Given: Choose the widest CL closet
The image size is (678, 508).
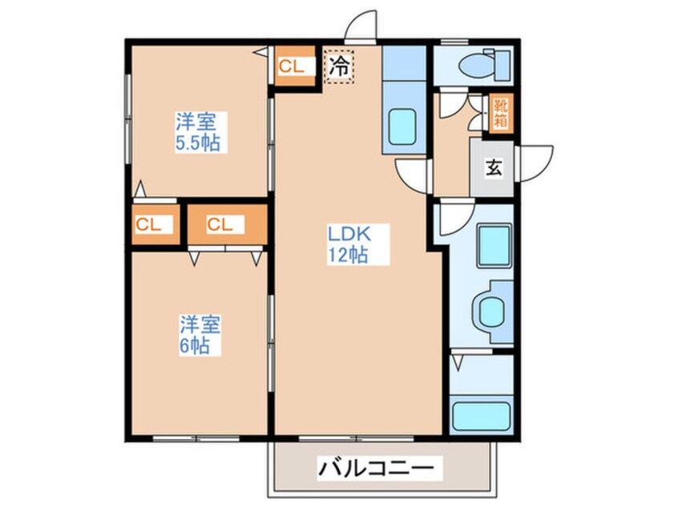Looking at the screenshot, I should (x=227, y=225).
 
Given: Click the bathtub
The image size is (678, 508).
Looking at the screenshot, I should (x=481, y=417).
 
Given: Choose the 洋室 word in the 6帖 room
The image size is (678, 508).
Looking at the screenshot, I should (x=200, y=325).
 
